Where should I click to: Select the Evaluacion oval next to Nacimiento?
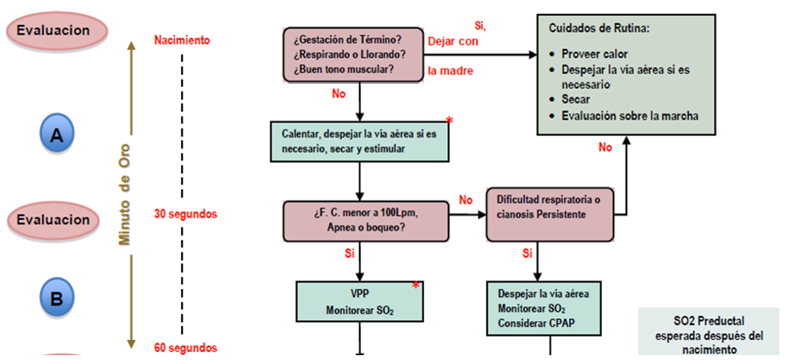click(53, 30)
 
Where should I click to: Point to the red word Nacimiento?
click(182, 39)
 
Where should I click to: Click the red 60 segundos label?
click(185, 348)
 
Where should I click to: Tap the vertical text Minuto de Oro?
click(125, 194)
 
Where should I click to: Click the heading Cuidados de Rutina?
click(599, 27)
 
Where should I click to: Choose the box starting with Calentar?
click(359, 143)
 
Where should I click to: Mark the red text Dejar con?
click(452, 40)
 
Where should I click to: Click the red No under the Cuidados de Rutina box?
click(606, 147)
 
